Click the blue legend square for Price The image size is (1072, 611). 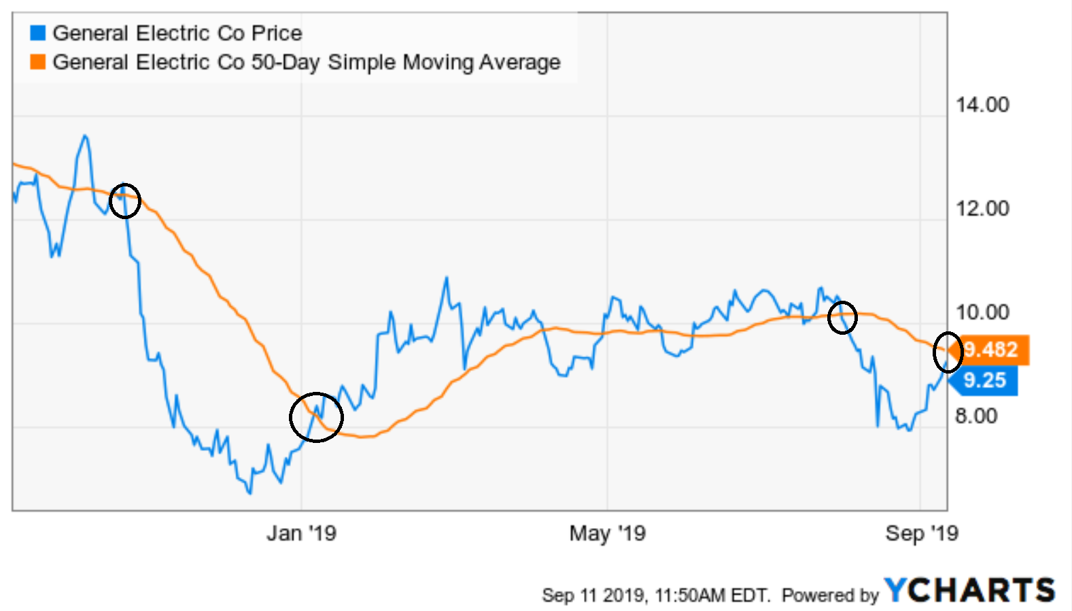click(38, 33)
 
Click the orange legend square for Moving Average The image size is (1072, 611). click(38, 62)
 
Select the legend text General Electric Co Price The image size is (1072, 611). click(177, 33)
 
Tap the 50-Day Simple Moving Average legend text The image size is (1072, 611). click(306, 62)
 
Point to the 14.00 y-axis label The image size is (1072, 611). click(982, 105)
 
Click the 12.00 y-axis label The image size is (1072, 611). click(982, 208)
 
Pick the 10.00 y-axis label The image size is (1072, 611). click(982, 312)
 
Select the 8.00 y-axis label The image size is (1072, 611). click(975, 416)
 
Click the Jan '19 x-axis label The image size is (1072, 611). click(301, 533)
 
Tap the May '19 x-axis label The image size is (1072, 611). click(607, 533)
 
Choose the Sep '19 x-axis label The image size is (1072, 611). click(921, 533)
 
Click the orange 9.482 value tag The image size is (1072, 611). click(992, 350)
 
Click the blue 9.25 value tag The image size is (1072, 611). click(984, 380)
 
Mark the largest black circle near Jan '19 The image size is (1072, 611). click(316, 417)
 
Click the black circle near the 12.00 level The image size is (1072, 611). click(124, 201)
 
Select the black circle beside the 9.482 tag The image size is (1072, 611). click(948, 352)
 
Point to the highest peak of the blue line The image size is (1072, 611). click(85, 136)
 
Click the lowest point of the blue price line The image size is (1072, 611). click(249, 493)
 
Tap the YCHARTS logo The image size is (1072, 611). click(969, 591)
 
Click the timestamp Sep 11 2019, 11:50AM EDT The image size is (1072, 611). click(656, 595)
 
